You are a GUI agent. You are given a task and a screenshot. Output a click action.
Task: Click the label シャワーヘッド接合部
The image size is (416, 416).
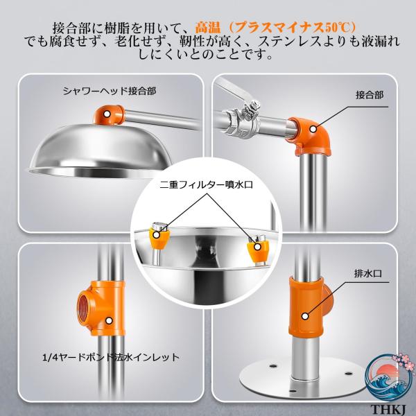(110, 91)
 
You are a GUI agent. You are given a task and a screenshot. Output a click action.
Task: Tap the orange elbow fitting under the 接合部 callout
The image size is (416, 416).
(311, 137)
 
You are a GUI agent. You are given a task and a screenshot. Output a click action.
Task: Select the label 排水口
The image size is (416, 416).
(368, 273)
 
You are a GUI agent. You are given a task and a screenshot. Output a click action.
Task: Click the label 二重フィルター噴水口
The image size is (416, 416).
(207, 184)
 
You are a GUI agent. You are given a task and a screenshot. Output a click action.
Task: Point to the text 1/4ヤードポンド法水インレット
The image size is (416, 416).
(111, 357)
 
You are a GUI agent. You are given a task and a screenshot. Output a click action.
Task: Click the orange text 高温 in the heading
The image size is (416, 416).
(208, 27)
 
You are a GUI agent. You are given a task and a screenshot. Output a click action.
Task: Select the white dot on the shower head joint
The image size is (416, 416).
(107, 114)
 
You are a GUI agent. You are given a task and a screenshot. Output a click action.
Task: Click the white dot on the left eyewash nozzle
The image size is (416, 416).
(157, 235)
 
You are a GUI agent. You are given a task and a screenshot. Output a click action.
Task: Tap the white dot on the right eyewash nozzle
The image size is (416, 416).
(257, 247)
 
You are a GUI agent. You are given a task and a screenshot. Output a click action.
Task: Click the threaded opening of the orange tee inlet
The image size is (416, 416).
(84, 307)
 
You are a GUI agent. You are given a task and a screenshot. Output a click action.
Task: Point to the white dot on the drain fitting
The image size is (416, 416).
(305, 316)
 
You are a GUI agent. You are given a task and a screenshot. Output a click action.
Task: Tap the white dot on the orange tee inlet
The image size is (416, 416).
(109, 321)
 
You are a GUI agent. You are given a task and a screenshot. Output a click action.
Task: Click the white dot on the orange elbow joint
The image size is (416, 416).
(313, 129)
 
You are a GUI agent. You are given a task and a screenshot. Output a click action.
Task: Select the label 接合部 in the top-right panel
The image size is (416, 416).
(370, 95)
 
